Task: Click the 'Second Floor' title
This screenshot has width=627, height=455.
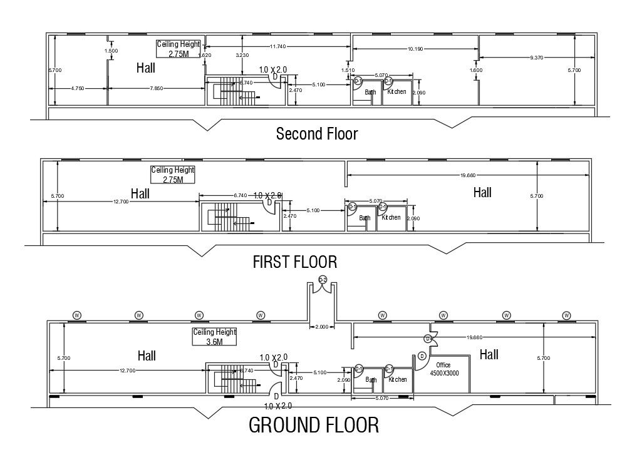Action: [317, 133]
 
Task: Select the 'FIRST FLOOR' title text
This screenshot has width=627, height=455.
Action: [294, 262]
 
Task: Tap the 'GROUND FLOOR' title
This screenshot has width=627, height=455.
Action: [314, 425]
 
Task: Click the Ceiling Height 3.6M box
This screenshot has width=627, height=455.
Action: [214, 337]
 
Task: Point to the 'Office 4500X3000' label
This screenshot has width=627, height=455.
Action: [443, 369]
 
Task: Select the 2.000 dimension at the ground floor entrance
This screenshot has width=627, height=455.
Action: [321, 327]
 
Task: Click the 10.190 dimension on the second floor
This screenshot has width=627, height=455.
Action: [415, 48]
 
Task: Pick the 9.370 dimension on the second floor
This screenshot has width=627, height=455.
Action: [536, 58]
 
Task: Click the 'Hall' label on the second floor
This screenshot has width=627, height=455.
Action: [146, 68]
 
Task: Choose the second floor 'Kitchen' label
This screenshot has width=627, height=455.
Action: [396, 92]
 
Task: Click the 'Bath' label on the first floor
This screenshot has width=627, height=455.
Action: [365, 218]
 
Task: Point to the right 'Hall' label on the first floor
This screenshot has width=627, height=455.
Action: [482, 193]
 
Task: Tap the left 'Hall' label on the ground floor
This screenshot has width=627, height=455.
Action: [147, 355]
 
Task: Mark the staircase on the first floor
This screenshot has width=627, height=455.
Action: [228, 216]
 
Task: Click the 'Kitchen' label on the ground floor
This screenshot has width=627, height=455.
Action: [397, 379]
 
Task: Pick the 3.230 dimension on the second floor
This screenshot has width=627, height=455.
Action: [242, 56]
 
